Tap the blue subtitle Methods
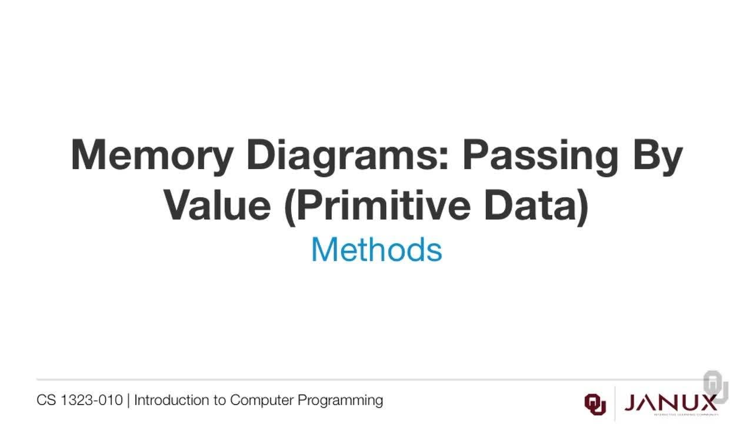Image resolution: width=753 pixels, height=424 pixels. (376, 249)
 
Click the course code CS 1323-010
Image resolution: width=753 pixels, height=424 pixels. (79, 400)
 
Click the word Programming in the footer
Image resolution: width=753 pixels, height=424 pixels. (340, 400)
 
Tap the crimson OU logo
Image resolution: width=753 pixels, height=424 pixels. (595, 403)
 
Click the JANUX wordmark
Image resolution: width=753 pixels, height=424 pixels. (671, 402)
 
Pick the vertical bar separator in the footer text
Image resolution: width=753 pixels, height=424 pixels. (128, 400)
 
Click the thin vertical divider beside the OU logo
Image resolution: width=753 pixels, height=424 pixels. (615, 403)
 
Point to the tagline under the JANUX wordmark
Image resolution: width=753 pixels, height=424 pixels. (671, 415)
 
